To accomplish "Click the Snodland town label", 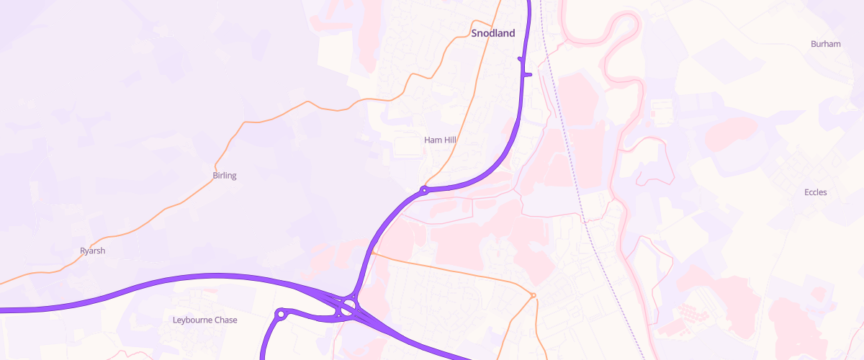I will pos(493,33).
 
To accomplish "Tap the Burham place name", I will pos(825,44).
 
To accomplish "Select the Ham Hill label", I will pos(441,140).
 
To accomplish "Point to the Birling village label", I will pos(225,176).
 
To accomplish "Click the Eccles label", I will pos(815,192).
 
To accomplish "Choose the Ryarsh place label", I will pos(93,251).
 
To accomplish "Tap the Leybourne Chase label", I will pos(205,320).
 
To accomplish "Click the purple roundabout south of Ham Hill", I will pos(424,191).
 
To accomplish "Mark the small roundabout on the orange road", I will pos(533,295).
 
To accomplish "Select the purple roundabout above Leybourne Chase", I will pos(281,314).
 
